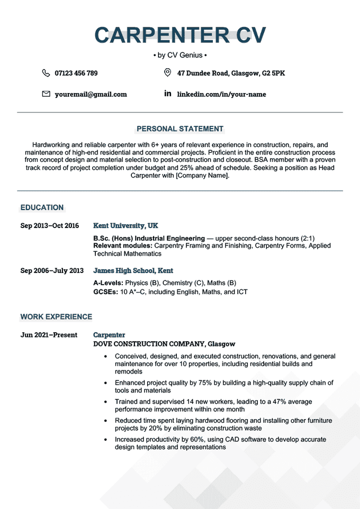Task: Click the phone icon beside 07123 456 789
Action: coord(46,73)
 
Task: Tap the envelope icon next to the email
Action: coord(46,94)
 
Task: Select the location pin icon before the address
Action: coord(168,72)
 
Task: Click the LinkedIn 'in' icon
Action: coord(168,94)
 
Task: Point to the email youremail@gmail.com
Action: coord(91,94)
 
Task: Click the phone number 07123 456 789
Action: coord(76,73)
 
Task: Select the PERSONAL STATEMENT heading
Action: coord(180,129)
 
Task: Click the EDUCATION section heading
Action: coord(42,207)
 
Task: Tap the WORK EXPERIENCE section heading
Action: coord(56,317)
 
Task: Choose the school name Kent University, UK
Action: coord(125,225)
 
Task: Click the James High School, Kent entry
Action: coord(133,270)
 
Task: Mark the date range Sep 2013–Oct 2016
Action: coord(50,225)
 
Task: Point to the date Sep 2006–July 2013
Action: coord(52,270)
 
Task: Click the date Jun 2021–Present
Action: coord(49,335)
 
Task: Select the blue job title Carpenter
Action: coord(109,335)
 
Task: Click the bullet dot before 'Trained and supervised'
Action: coord(106,402)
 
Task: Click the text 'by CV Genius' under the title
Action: coord(180,55)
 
